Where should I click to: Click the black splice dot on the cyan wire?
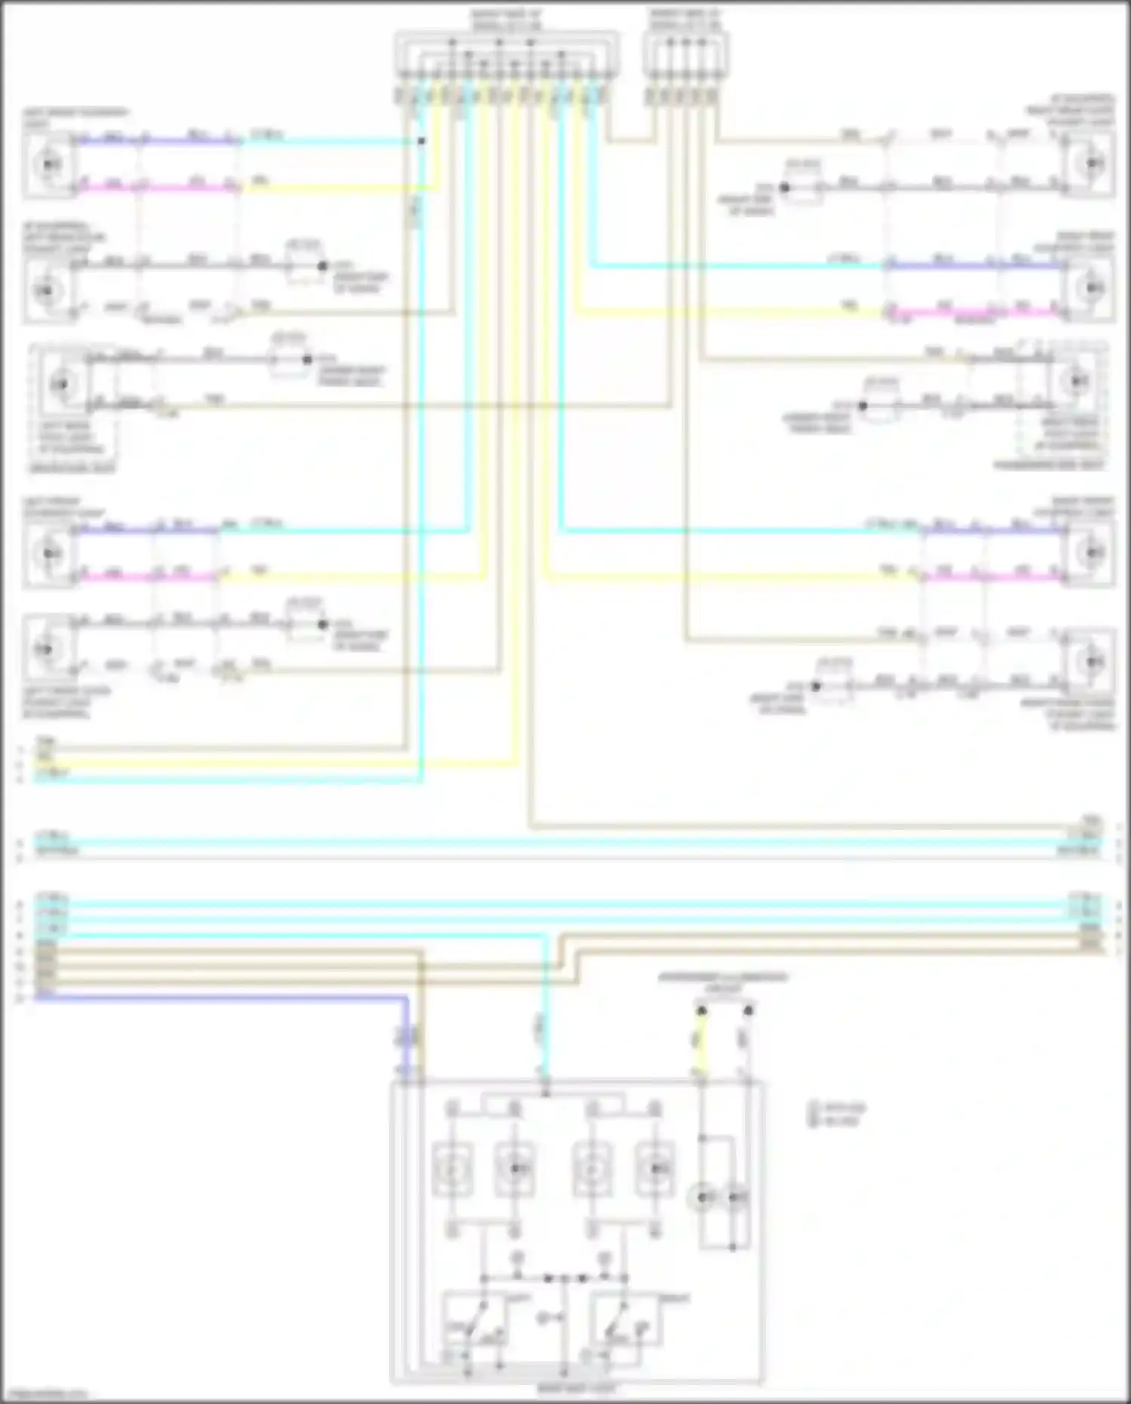(421, 141)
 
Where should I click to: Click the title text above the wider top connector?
(505, 20)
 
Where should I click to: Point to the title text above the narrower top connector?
(685, 20)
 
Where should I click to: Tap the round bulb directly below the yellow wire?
(703, 1197)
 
